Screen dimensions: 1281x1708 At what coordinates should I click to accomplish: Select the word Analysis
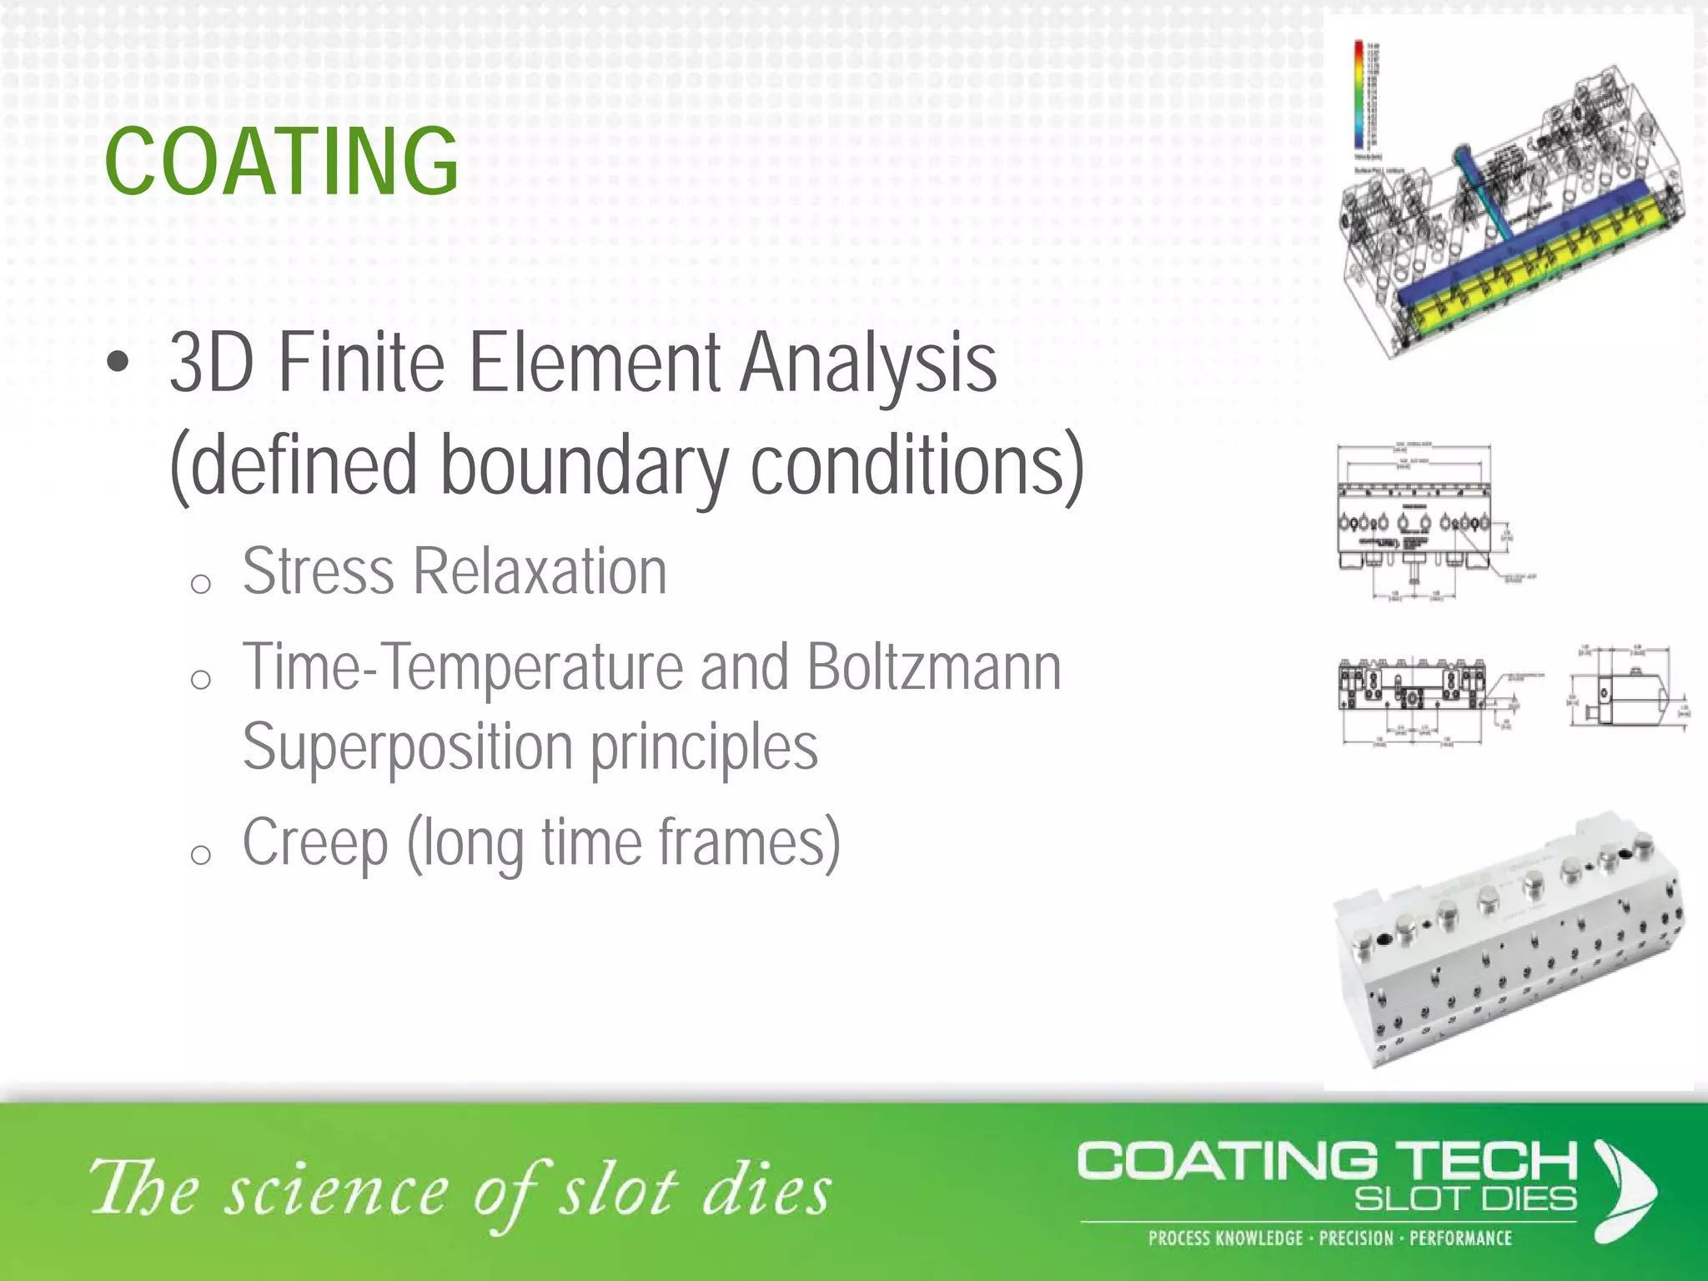[868, 364]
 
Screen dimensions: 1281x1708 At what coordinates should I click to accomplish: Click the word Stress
[319, 572]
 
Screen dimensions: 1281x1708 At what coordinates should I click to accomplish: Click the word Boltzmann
[934, 667]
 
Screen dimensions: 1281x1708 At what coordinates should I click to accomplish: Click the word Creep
[315, 843]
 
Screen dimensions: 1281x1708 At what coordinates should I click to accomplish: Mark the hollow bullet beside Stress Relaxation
[200, 584]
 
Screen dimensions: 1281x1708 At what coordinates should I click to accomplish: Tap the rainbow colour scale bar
[1359, 96]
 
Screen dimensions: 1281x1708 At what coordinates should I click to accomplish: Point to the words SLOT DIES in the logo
[1464, 1199]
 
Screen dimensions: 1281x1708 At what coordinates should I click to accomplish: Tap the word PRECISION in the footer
[1356, 1238]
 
